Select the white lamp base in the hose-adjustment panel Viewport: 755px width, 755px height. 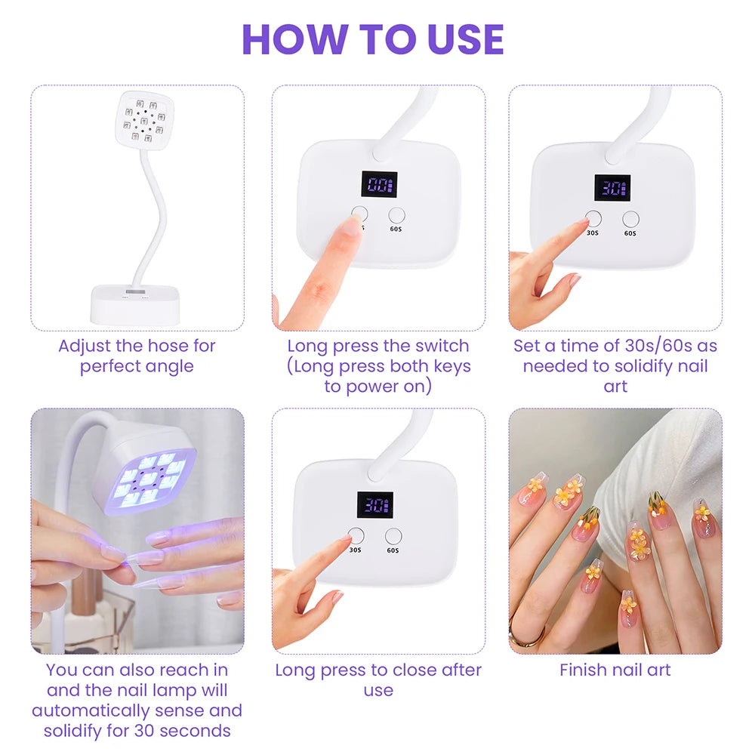[x=137, y=304]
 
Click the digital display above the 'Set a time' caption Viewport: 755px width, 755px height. [x=612, y=187]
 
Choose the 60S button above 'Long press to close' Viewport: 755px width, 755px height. [x=393, y=537]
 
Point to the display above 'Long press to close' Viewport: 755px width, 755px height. [x=374, y=504]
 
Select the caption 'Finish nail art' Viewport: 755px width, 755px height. [x=615, y=670]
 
